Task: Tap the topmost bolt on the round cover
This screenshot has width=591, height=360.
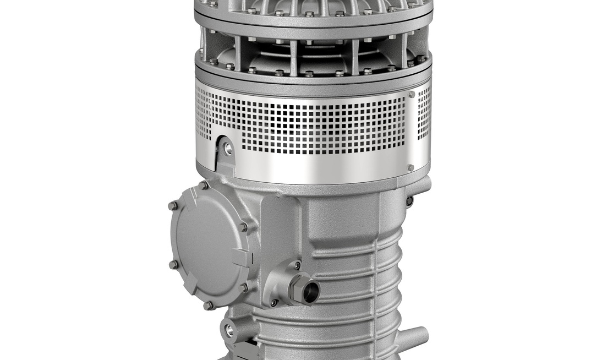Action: [204, 186]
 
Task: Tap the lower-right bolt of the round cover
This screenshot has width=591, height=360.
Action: [244, 286]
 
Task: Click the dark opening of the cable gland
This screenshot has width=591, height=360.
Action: [310, 291]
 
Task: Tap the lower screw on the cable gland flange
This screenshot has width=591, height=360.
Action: [273, 302]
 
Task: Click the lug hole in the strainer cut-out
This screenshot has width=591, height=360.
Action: [228, 149]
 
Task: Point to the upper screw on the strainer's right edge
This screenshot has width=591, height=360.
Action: [412, 95]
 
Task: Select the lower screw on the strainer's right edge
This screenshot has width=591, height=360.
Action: [411, 167]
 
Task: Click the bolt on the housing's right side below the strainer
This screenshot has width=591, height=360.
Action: [409, 200]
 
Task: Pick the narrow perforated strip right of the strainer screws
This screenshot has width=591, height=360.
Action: [424, 112]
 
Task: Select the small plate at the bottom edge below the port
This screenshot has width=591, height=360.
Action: [245, 350]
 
